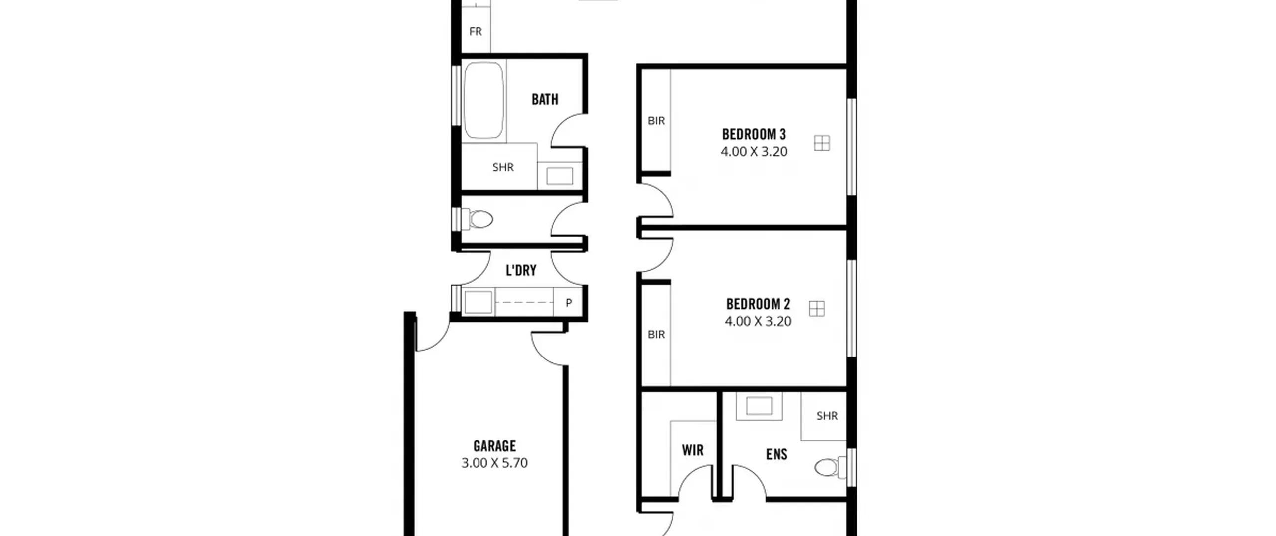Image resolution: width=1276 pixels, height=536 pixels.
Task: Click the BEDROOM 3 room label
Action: [754, 134]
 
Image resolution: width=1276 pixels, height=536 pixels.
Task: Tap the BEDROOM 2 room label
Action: [758, 304]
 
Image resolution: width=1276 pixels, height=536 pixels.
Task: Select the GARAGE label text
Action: [494, 446]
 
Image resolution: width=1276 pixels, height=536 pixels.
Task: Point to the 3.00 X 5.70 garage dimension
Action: [494, 463]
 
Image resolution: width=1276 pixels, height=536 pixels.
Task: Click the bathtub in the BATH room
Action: [483, 100]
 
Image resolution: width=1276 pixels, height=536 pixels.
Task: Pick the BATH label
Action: [545, 99]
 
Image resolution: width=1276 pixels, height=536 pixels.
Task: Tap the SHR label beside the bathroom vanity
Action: [503, 167]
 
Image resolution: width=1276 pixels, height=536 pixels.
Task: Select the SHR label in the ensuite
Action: [827, 416]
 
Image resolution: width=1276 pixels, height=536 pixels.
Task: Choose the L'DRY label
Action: [521, 270]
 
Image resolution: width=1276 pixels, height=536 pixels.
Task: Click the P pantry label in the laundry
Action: [569, 302]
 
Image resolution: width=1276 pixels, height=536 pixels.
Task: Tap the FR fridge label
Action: [476, 32]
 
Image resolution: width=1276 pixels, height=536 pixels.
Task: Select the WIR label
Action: [693, 450]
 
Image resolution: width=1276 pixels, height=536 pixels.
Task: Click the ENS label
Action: [777, 454]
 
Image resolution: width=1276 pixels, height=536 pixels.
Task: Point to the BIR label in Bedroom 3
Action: [656, 121]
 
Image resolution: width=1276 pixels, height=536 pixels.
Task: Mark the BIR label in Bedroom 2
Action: [656, 335]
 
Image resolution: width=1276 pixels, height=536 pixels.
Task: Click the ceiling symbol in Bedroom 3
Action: [822, 143]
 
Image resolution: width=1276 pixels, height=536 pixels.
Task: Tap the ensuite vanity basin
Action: [759, 406]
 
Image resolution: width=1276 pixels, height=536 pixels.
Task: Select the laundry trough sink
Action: [478, 302]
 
